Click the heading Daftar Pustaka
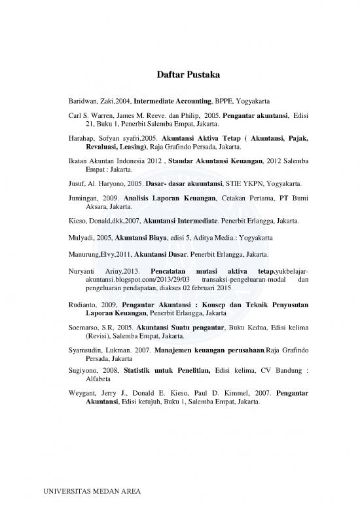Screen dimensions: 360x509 [179, 75]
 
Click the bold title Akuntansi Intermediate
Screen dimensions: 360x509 [179, 221]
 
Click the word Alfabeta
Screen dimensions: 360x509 [90, 378]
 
